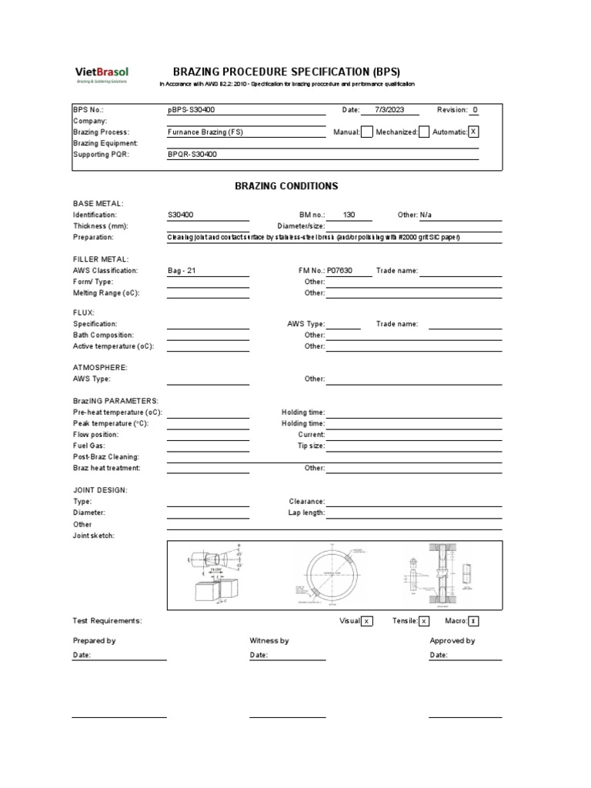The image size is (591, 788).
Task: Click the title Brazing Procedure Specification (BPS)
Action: [286, 72]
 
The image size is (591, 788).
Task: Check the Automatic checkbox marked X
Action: [473, 132]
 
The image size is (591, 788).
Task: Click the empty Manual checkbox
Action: [367, 132]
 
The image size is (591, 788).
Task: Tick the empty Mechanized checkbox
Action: [424, 132]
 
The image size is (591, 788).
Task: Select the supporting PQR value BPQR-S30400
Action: [192, 154]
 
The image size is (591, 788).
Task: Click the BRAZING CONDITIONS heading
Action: [286, 186]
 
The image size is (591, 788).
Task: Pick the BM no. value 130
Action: [349, 215]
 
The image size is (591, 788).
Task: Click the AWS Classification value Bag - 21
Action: [187, 271]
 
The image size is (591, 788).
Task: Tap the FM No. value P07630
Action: [343, 271]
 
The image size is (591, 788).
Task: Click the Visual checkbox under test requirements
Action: [367, 621]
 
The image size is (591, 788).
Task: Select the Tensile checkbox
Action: [424, 621]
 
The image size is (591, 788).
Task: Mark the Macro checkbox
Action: [473, 621]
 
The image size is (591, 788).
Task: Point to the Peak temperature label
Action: [111, 423]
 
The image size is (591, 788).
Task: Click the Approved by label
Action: [452, 640]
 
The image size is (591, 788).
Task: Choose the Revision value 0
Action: [475, 110]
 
